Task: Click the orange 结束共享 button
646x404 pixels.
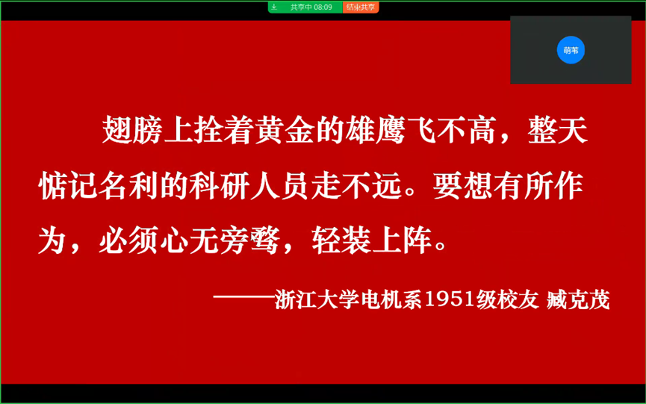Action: (361, 7)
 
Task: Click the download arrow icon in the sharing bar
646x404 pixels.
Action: (274, 7)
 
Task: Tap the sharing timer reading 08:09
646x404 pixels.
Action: (323, 7)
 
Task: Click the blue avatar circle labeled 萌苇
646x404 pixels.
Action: (571, 50)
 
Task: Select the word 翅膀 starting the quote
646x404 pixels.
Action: (132, 130)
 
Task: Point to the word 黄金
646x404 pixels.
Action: (285, 130)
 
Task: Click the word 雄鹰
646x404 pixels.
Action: (376, 130)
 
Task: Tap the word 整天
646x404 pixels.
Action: (558, 130)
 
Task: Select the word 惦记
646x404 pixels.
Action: (69, 186)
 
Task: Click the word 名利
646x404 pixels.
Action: (129, 186)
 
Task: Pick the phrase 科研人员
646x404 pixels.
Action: (249, 186)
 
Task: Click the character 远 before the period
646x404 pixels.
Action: (386, 186)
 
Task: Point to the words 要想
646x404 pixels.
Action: (463, 186)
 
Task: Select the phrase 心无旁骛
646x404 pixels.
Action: (220, 240)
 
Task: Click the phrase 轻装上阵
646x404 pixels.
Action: (372, 240)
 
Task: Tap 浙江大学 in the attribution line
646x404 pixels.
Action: (317, 299)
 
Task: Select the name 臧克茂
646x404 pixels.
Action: (579, 299)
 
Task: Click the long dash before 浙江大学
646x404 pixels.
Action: (244, 296)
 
